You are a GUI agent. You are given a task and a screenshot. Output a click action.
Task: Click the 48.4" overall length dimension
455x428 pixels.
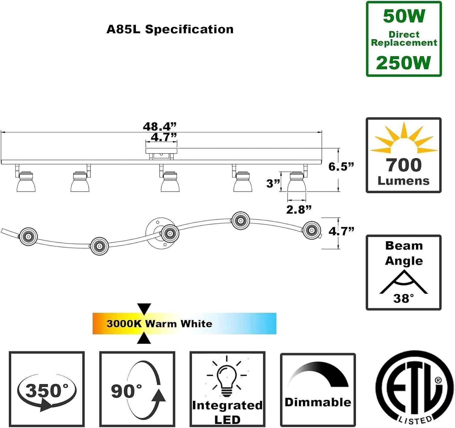click(x=160, y=126)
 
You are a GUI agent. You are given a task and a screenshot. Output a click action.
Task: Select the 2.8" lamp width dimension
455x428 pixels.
click(x=299, y=209)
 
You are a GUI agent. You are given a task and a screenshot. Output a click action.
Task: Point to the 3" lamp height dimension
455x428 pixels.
click(x=273, y=183)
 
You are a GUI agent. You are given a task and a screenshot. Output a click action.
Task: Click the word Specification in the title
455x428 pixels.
click(x=189, y=29)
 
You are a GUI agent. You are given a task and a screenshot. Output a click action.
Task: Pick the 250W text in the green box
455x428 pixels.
click(x=403, y=62)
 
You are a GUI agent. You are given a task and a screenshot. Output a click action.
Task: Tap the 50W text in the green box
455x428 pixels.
click(x=404, y=16)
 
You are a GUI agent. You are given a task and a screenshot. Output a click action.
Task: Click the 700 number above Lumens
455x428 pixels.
click(x=404, y=165)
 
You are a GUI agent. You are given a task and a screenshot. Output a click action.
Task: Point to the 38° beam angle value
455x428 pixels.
click(x=404, y=298)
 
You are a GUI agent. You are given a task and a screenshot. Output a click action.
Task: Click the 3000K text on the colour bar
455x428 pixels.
click(x=124, y=324)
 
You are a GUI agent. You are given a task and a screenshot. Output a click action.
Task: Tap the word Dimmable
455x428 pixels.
click(x=318, y=403)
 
